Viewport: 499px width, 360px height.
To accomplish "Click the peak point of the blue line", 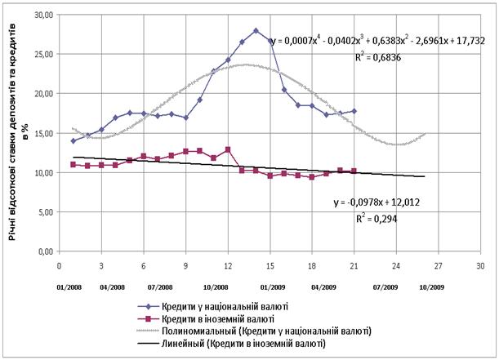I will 256,31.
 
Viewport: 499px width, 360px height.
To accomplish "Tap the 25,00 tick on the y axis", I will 41,54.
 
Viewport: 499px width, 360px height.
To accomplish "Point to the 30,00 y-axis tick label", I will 41,15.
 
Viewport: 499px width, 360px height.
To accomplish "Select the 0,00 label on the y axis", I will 43,251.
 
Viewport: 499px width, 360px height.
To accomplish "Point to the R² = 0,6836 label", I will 381,57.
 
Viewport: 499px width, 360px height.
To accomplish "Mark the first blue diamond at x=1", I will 74,140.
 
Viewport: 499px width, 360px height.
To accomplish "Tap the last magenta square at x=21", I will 353,171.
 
